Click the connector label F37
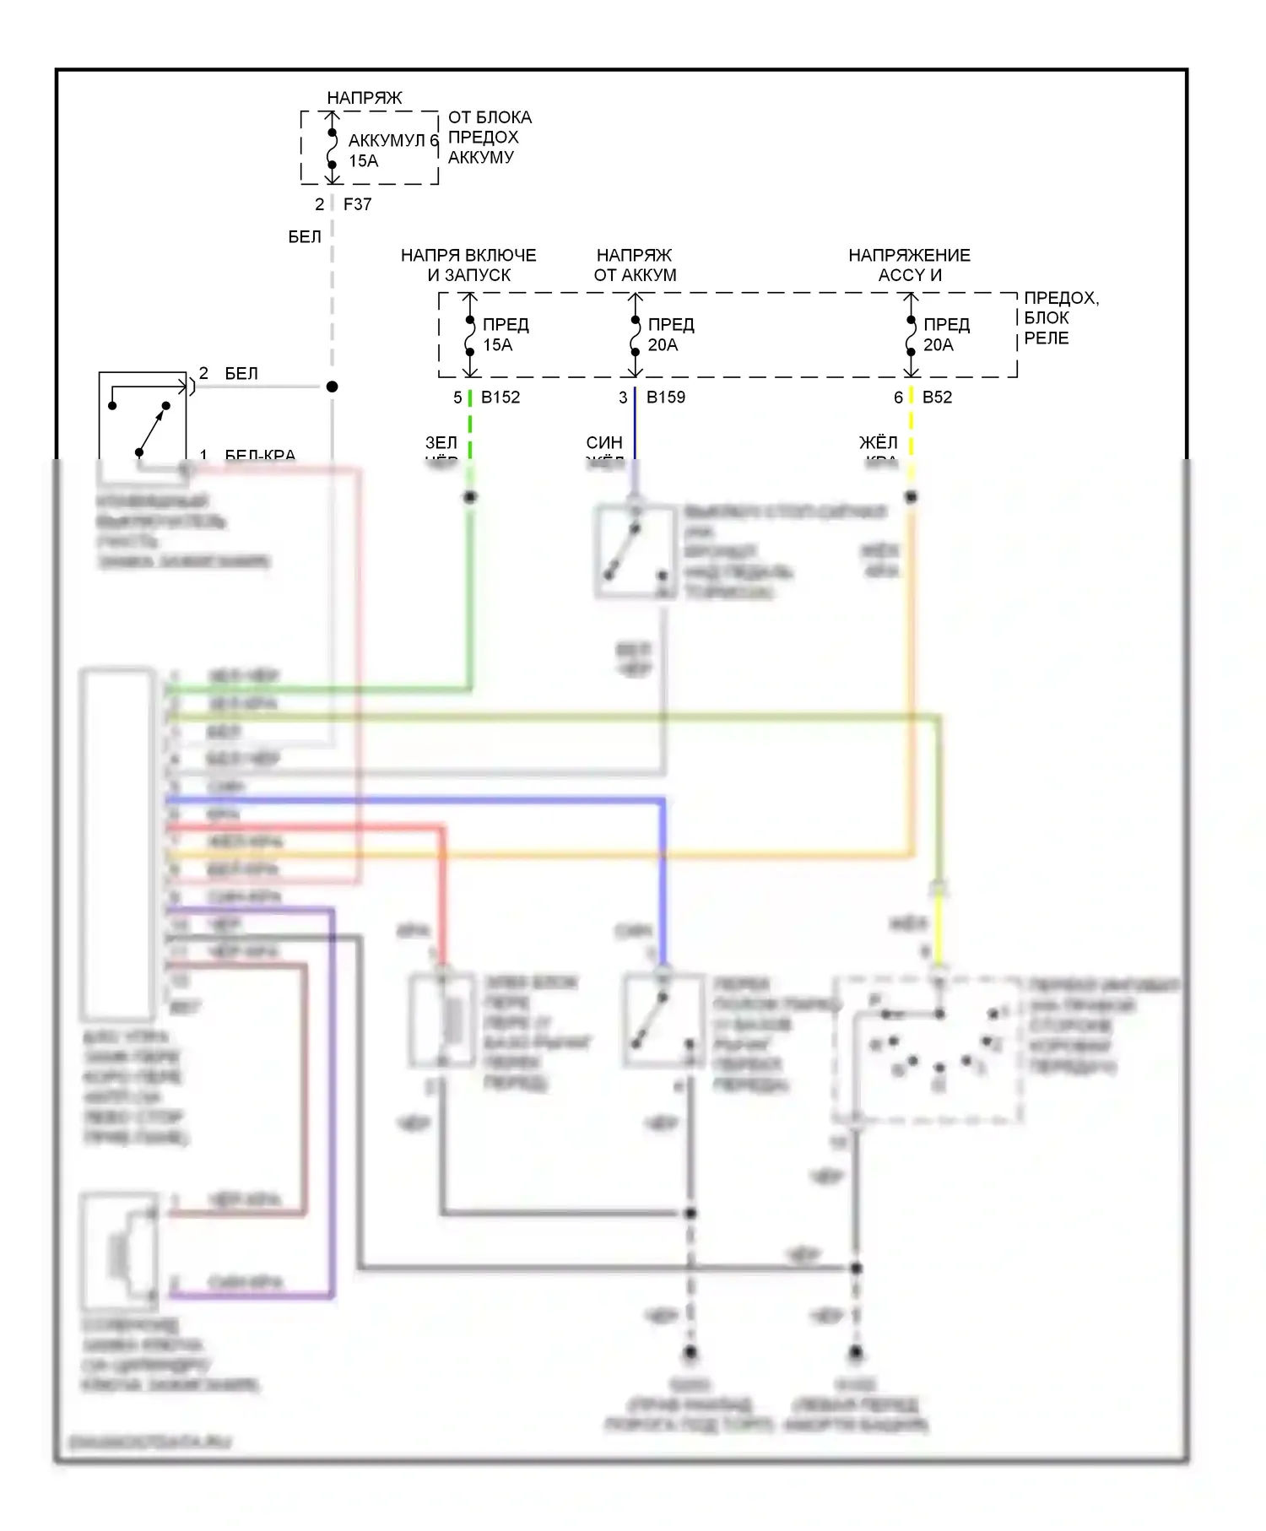(x=357, y=204)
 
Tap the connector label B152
(x=500, y=398)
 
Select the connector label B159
(x=666, y=398)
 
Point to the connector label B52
(x=937, y=398)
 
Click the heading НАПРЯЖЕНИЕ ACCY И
(x=909, y=265)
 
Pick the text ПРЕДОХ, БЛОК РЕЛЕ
(x=1060, y=318)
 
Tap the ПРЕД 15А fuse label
(x=505, y=335)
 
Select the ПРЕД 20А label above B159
(x=670, y=335)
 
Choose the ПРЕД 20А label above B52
(x=945, y=335)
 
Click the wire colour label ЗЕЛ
(x=441, y=443)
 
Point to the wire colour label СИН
(x=604, y=443)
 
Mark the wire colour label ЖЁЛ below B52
(x=878, y=443)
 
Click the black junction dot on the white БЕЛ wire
(x=333, y=387)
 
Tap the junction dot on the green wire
(x=470, y=497)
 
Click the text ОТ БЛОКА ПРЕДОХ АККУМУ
(x=489, y=138)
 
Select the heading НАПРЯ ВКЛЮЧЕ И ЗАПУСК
(x=468, y=265)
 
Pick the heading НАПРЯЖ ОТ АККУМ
(x=635, y=265)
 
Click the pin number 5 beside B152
(x=457, y=398)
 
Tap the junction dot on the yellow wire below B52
(x=911, y=497)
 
